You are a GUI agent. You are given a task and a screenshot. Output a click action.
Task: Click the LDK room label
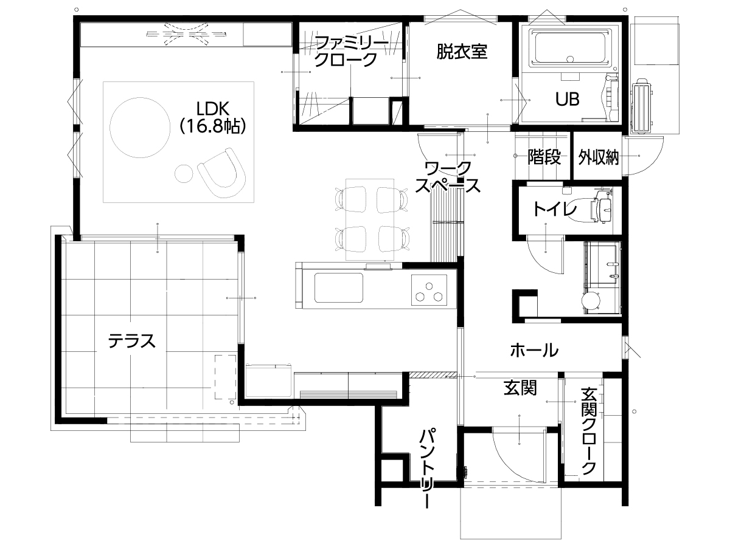pos(213,109)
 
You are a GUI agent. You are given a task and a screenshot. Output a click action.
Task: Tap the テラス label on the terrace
pos(131,341)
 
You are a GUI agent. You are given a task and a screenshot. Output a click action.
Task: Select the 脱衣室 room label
pos(462,52)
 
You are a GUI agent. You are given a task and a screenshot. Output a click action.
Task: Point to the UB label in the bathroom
pos(568,99)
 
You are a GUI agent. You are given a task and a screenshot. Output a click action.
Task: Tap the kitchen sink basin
pos(339,287)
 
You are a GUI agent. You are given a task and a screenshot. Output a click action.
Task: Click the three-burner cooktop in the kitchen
pos(429,290)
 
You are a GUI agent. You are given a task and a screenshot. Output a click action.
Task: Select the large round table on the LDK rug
pos(140,128)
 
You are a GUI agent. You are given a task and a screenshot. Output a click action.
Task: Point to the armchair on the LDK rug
pos(222,173)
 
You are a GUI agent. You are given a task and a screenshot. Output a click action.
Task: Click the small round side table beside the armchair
pos(184,174)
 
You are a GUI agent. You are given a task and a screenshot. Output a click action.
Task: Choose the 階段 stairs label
pos(544,156)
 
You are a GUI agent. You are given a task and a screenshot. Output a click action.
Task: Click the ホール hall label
pos(534,350)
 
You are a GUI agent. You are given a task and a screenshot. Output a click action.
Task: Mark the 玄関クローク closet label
pos(589,431)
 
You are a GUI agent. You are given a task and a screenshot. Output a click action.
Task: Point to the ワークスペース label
pos(448,177)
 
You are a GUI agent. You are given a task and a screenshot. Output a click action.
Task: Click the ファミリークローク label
pos(351,52)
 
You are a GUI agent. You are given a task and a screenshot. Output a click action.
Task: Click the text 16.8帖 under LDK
pos(213,126)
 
